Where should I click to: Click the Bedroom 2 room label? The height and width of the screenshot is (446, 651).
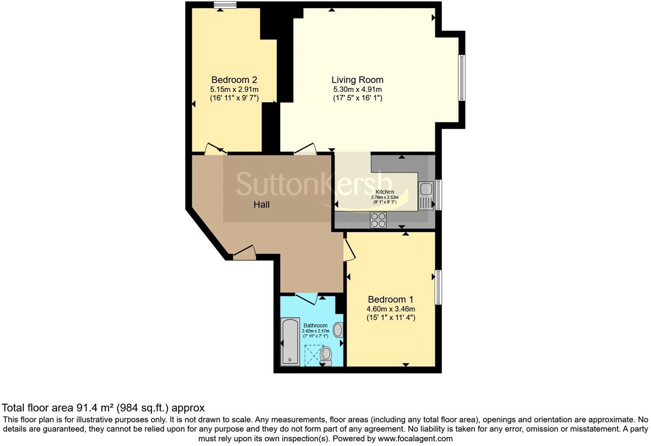(x=234, y=80)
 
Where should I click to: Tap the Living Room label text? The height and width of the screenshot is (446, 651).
(x=357, y=80)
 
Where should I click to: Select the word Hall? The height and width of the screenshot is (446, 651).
(x=261, y=205)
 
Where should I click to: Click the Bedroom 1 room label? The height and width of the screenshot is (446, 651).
(x=391, y=299)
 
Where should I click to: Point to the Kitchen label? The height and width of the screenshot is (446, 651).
(x=385, y=192)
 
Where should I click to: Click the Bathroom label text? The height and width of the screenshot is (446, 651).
(x=316, y=325)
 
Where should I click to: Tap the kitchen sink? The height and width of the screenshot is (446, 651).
(x=427, y=189)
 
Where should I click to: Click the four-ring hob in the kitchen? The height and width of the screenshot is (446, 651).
(x=378, y=220)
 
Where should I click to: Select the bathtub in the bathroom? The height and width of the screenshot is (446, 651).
(x=290, y=342)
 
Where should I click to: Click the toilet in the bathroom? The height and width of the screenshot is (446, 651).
(x=326, y=355)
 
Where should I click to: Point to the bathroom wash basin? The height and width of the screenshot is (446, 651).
(x=338, y=330)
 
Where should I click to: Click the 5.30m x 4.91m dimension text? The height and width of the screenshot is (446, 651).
(x=357, y=89)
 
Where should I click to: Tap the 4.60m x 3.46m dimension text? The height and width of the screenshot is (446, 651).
(x=391, y=309)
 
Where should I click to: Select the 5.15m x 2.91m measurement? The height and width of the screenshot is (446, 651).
(x=234, y=89)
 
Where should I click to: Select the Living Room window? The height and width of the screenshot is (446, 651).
(x=462, y=78)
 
